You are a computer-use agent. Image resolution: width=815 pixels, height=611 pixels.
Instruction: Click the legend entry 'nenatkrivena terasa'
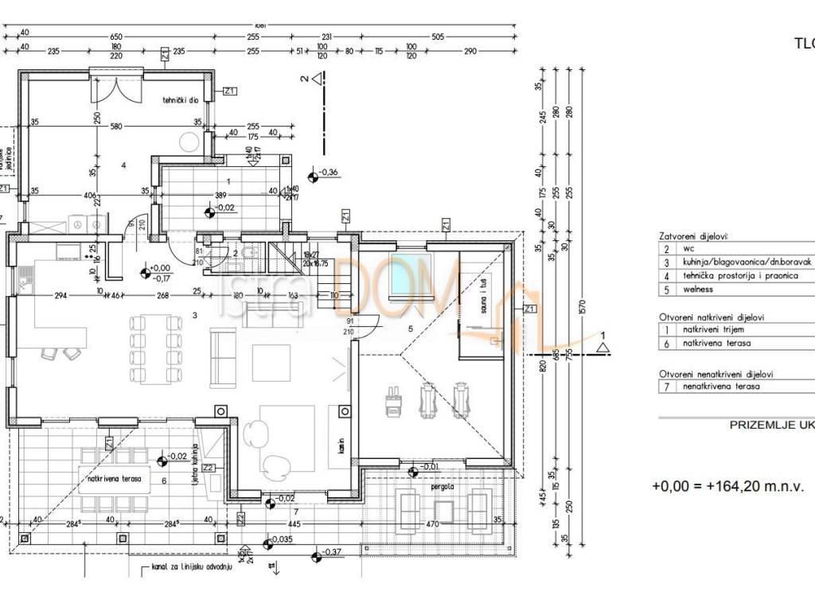721,386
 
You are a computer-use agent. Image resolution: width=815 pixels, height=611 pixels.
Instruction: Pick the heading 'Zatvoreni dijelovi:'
694,236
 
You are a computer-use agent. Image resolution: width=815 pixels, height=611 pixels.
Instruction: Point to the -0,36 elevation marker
326,173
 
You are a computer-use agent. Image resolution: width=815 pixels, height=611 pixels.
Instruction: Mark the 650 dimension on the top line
116,37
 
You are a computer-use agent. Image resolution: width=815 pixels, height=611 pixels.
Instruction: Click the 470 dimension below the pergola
433,525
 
